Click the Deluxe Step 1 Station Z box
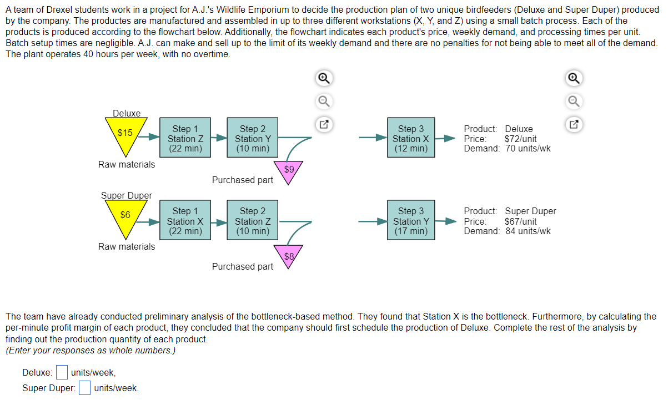(x=185, y=139)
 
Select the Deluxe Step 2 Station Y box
(x=253, y=139)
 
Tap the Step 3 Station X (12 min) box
(x=411, y=139)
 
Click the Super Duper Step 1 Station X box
(x=185, y=221)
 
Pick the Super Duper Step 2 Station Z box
(x=253, y=221)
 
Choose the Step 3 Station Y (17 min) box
(x=411, y=221)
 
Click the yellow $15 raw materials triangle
(x=126, y=134)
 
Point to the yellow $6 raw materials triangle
(x=126, y=216)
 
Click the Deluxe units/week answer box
(x=62, y=372)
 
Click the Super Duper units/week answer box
(x=84, y=387)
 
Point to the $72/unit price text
(x=520, y=139)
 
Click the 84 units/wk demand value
(x=528, y=231)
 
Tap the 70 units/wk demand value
(x=528, y=149)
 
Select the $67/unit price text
(x=520, y=221)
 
